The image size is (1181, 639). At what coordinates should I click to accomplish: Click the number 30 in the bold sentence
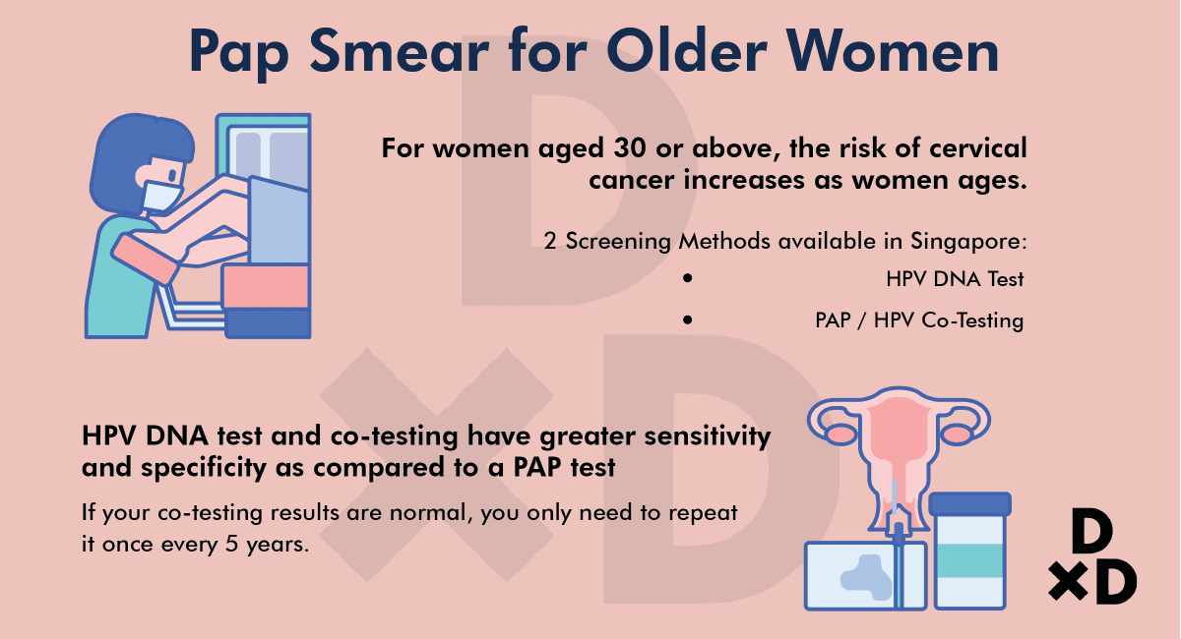click(630, 148)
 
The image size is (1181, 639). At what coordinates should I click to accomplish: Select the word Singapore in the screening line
click(969, 242)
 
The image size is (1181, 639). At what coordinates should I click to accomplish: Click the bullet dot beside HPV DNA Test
click(688, 278)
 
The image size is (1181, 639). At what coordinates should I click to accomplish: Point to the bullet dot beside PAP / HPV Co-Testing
click(688, 319)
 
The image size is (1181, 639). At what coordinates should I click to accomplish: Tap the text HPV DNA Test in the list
click(955, 278)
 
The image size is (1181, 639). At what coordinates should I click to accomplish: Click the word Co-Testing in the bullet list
click(972, 320)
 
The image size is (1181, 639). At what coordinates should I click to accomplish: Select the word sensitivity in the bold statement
click(708, 436)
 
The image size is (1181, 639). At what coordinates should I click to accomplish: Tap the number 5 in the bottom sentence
click(232, 544)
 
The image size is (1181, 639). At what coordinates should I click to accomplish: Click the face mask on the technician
click(161, 196)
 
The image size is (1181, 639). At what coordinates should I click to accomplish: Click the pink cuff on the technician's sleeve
click(145, 259)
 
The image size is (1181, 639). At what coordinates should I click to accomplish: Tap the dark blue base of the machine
click(268, 322)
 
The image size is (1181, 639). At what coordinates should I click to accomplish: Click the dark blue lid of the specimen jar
click(969, 504)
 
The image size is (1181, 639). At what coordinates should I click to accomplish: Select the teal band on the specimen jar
click(969, 560)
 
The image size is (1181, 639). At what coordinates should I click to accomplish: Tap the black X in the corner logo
click(1068, 582)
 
